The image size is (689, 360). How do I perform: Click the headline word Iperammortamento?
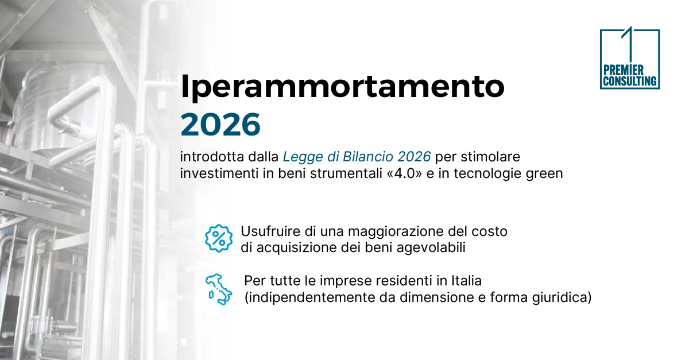tap(343, 87)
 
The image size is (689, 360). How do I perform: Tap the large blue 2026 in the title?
tap(220, 125)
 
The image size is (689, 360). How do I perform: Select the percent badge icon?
tap(219, 238)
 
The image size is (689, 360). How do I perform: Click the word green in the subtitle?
tap(545, 173)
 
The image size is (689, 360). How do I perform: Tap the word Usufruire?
tap(268, 232)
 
